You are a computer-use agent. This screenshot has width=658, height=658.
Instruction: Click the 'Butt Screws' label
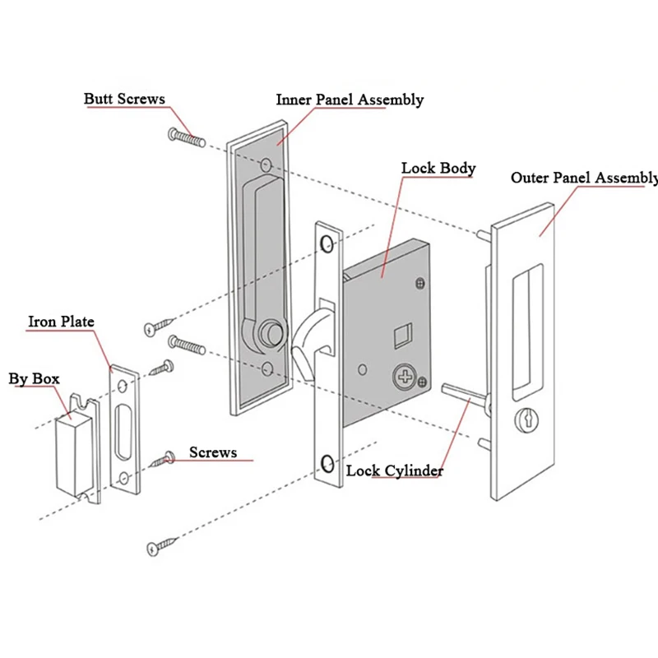(124, 99)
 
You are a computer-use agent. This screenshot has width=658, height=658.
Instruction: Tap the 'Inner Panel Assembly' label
(350, 100)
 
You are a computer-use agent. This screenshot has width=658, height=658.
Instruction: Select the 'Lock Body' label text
(438, 169)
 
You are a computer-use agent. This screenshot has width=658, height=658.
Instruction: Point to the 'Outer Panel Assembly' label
(584, 178)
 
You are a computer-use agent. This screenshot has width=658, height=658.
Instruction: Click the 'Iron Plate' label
(61, 322)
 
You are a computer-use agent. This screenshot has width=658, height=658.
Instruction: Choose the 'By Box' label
(34, 379)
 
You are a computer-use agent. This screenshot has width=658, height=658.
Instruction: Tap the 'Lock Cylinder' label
(395, 470)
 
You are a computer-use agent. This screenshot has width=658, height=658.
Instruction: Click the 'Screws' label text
(213, 452)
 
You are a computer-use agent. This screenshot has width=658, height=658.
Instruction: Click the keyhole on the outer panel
(527, 419)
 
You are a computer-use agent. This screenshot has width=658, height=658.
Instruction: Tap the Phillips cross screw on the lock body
(405, 376)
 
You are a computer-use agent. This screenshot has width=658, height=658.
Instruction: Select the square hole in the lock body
(402, 336)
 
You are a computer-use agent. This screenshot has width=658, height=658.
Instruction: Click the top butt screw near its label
(187, 137)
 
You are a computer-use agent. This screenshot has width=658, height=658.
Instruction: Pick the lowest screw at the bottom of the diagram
(161, 546)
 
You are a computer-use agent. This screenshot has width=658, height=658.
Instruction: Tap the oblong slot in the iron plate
(125, 431)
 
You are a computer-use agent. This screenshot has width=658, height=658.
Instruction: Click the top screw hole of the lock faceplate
(327, 243)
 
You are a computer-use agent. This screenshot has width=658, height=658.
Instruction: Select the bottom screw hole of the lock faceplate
(327, 464)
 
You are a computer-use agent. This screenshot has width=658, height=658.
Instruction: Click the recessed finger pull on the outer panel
(528, 331)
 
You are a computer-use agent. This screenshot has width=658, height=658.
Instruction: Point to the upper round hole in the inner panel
(266, 165)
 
